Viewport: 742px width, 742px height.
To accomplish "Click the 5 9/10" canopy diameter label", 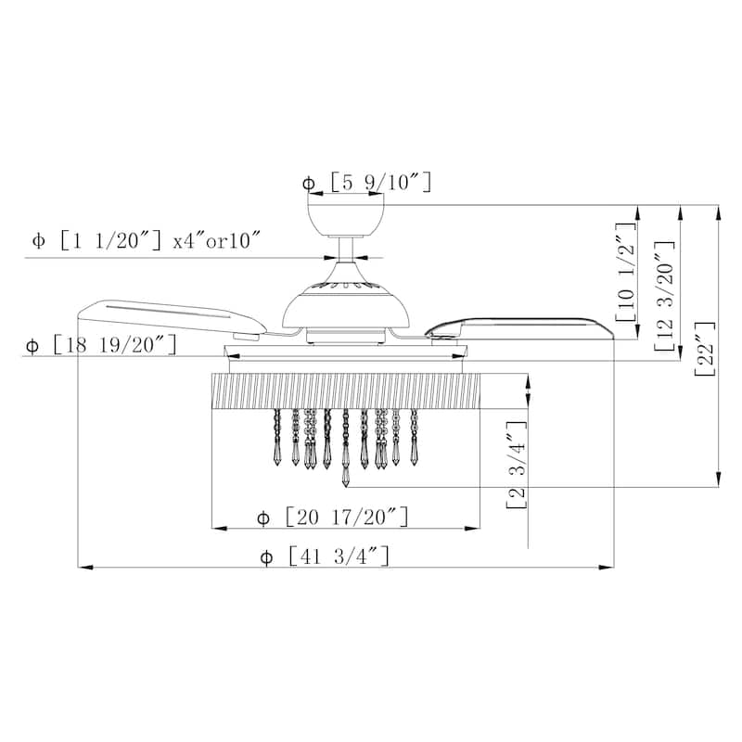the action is [381, 183].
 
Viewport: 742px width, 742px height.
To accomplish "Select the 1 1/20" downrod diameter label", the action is [111, 241].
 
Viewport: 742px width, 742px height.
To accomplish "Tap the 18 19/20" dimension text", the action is [115, 345].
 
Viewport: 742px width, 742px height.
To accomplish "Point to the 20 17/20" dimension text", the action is [347, 517].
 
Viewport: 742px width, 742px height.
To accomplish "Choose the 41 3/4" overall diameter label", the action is [339, 556].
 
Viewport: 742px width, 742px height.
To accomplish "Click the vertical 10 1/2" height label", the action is [625, 273].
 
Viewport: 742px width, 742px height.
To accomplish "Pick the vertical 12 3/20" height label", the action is [664, 297].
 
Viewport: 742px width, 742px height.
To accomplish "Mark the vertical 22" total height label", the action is [705, 350].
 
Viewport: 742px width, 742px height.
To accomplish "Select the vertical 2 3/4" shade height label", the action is [517, 465].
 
